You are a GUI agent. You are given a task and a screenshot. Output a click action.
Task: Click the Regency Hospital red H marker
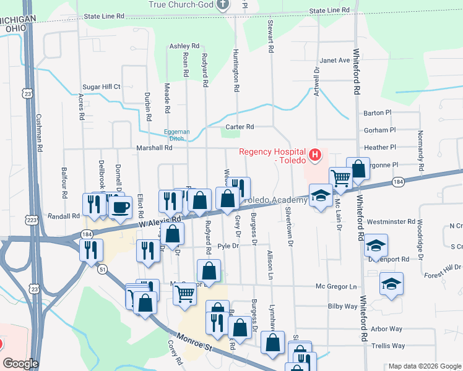(315, 155)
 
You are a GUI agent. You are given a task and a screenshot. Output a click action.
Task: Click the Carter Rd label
(240, 127)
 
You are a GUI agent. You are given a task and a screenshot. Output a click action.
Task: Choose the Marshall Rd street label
(155, 148)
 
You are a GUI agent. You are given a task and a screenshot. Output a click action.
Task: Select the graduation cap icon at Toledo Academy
(319, 196)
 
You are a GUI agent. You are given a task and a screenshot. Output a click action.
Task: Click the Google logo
(20, 364)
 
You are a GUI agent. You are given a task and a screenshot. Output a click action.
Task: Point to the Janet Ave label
(335, 61)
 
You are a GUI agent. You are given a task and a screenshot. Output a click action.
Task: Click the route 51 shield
(103, 268)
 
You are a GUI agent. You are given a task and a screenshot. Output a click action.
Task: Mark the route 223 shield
(32, 220)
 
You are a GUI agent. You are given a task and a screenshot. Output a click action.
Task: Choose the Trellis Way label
(389, 346)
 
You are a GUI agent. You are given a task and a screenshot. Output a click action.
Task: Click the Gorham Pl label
(380, 130)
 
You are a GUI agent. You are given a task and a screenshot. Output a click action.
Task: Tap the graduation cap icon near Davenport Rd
(375, 245)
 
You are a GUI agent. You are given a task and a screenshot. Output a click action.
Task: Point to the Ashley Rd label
(184, 46)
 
